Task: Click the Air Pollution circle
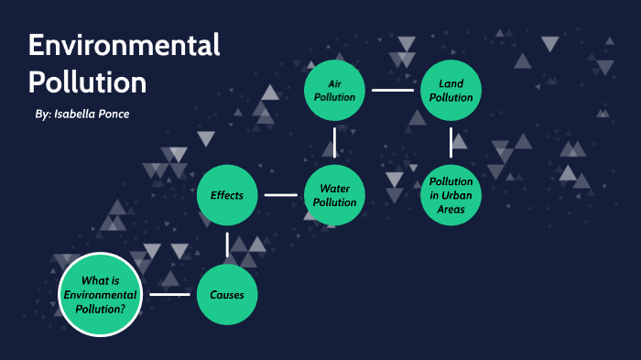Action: pyautogui.click(x=335, y=90)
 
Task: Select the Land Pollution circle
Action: pyautogui.click(x=451, y=90)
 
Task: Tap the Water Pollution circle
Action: pyautogui.click(x=335, y=194)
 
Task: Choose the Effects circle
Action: pyautogui.click(x=227, y=195)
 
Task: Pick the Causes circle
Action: pyautogui.click(x=227, y=295)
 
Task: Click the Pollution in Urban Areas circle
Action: pyautogui.click(x=451, y=194)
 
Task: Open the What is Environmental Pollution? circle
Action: pyautogui.click(x=103, y=295)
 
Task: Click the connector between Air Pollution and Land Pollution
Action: pyautogui.click(x=393, y=91)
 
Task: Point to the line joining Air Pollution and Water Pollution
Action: pyautogui.click(x=335, y=142)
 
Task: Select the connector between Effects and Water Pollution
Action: pyautogui.click(x=281, y=195)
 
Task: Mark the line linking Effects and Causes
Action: pyautogui.click(x=227, y=245)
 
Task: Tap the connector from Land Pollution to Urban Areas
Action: pyautogui.click(x=451, y=142)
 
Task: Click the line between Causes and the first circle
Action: pyautogui.click(x=169, y=295)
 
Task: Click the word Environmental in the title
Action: pyautogui.click(x=124, y=45)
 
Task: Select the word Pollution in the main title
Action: pyautogui.click(x=87, y=82)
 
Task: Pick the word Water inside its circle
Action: pyautogui.click(x=335, y=188)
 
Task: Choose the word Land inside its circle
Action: pyautogui.click(x=451, y=83)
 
